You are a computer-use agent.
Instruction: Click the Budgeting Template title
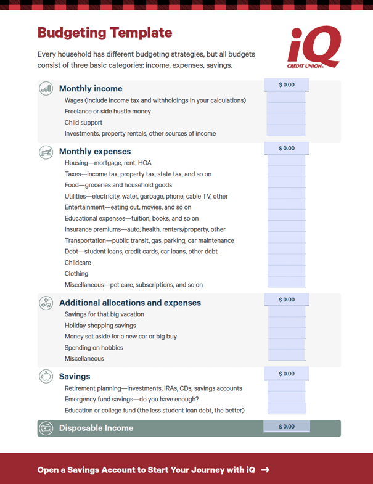[x=105, y=33]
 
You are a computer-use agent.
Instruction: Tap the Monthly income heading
[x=91, y=89]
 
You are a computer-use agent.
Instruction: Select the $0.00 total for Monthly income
[x=287, y=84]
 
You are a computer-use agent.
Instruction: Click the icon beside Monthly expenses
[x=46, y=152]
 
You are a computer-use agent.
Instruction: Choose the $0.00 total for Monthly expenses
[x=287, y=149]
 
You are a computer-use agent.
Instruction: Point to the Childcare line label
[x=77, y=263]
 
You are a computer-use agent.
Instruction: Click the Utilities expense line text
[x=146, y=196]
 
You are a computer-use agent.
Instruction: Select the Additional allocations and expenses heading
[x=130, y=303]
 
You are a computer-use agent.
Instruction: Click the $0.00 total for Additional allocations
[x=287, y=300]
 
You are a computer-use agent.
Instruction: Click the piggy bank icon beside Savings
[x=46, y=376]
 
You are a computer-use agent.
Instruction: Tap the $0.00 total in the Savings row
[x=287, y=374]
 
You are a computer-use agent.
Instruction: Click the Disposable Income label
[x=96, y=428]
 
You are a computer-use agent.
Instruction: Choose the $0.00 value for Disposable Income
[x=287, y=427]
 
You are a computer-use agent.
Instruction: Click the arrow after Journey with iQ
[x=265, y=470]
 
